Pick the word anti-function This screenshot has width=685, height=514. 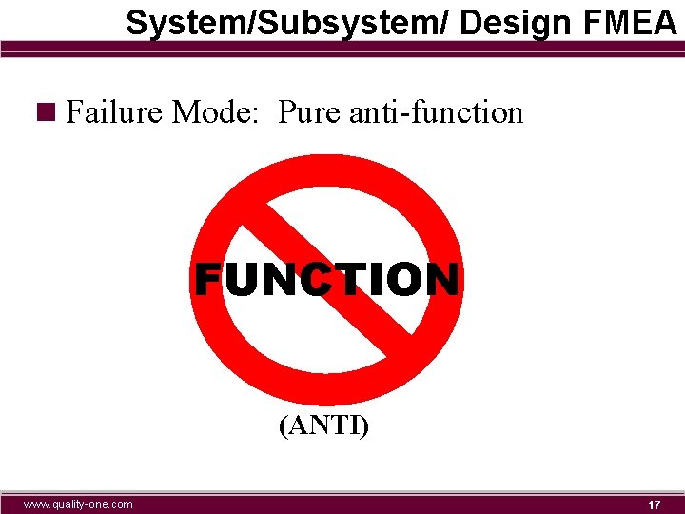pyautogui.click(x=437, y=113)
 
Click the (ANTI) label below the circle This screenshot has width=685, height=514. pyautogui.click(x=323, y=425)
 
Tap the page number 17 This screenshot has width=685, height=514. pyautogui.click(x=654, y=504)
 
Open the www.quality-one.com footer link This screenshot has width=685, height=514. pyautogui.click(x=79, y=504)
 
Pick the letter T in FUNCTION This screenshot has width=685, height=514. pyautogui.click(x=349, y=280)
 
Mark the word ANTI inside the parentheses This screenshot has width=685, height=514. pyautogui.click(x=324, y=425)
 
